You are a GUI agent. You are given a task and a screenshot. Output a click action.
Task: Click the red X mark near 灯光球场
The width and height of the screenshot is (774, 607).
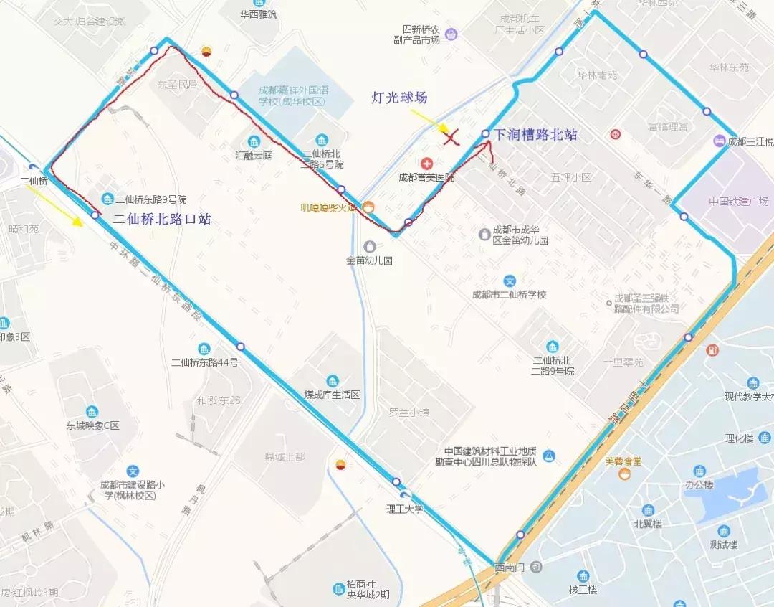[451, 137]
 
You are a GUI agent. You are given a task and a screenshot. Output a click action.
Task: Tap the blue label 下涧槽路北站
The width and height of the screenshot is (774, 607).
[535, 134]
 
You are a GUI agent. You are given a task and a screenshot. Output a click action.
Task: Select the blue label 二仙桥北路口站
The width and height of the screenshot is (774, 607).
[161, 220]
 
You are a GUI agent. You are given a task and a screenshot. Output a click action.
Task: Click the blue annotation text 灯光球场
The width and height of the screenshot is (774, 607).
[399, 98]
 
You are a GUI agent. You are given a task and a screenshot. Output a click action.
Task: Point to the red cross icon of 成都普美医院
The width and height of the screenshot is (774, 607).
[426, 164]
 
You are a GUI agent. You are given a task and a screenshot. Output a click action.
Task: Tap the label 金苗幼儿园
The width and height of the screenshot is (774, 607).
[369, 261]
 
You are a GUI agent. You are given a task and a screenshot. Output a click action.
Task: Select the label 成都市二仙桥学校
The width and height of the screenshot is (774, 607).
[509, 294]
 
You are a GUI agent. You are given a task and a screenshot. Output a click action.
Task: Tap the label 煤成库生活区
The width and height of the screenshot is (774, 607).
[331, 395]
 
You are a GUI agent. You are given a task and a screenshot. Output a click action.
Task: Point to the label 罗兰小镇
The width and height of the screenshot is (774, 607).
[408, 412]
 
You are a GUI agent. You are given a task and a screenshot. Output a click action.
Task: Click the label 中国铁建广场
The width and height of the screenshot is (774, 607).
[738, 201]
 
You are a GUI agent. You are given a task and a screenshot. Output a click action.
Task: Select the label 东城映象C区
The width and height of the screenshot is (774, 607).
[92, 425]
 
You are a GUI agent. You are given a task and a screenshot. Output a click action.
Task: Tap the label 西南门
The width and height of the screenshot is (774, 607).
[510, 568]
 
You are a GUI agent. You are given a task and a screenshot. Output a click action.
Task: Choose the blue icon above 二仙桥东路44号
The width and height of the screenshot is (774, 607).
[204, 349]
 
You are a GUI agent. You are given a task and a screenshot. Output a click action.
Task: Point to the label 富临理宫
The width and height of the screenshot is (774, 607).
[667, 126]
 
